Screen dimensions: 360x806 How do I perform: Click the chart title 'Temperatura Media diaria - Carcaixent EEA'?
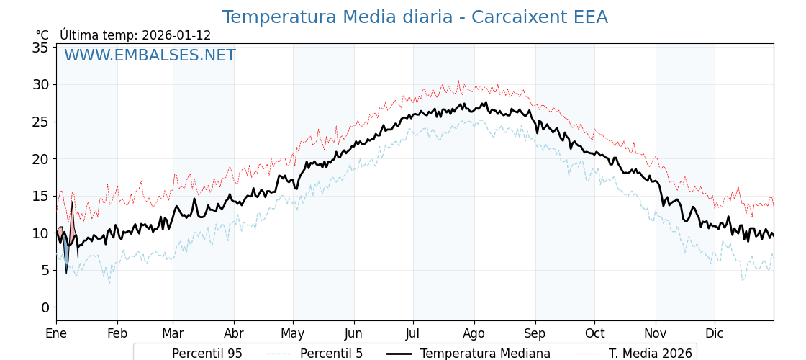point(415,17)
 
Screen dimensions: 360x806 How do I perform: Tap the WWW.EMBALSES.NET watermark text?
point(150,55)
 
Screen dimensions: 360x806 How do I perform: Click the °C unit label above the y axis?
point(42,35)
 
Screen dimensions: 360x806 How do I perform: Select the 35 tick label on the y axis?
point(40,48)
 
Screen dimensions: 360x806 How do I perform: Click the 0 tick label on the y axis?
point(45,307)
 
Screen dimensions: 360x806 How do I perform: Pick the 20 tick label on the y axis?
point(40,159)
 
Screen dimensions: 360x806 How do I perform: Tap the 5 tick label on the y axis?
point(45,270)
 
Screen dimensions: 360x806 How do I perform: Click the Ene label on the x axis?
point(56,333)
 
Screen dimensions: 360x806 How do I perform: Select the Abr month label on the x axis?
point(234,333)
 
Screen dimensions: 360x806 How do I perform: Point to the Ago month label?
point(474,333)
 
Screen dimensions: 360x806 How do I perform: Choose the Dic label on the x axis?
point(715,333)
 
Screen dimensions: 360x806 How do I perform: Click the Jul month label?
point(413,333)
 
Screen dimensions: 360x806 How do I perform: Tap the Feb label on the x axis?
point(117,333)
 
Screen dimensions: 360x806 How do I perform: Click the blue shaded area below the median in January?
point(66,255)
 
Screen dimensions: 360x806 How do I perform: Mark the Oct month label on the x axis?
point(594,333)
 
